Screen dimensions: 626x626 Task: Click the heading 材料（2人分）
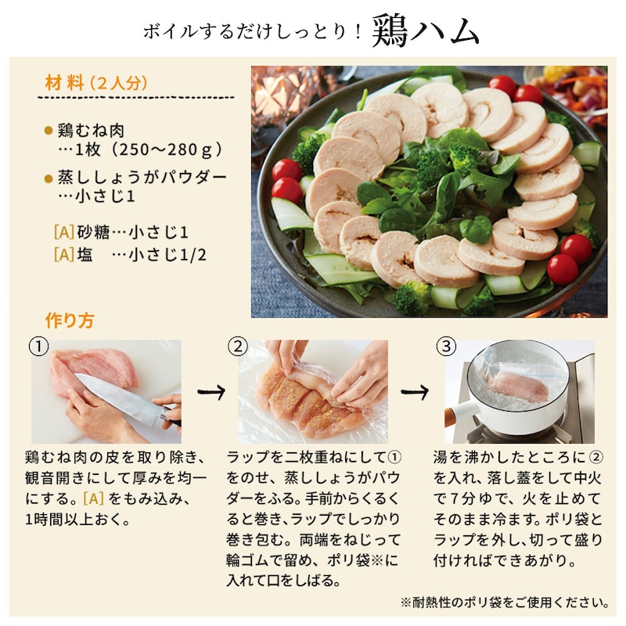97,82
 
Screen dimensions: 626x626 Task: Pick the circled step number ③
445,345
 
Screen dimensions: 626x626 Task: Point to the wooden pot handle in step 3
460,412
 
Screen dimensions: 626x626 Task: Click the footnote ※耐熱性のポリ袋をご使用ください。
504,603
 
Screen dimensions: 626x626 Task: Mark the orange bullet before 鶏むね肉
49,131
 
